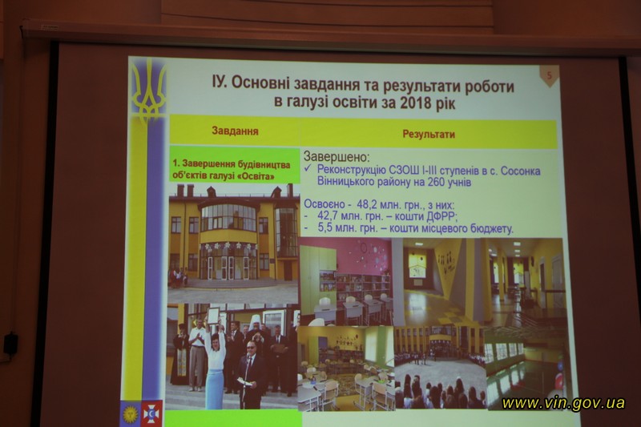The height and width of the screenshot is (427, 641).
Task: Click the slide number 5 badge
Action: click(550, 75)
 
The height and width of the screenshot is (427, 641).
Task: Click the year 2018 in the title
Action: click(415, 103)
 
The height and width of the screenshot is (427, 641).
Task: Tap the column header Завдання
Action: click(235, 131)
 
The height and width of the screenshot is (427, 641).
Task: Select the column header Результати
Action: click(429, 134)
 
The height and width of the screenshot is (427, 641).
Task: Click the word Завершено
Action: click(336, 156)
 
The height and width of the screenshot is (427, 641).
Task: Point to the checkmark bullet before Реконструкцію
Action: click(308, 169)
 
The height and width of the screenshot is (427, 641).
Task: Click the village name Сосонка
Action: click(520, 171)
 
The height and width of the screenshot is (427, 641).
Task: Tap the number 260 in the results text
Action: click(436, 182)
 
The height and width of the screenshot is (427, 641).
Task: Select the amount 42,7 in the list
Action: click(329, 216)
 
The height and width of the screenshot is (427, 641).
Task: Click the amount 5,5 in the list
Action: click(326, 228)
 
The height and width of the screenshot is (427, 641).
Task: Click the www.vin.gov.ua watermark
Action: click(563, 403)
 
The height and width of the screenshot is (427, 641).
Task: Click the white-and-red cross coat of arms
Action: click(152, 413)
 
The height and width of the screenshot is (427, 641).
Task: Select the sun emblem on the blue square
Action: click(131, 413)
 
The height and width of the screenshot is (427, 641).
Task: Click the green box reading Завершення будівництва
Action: click(235, 164)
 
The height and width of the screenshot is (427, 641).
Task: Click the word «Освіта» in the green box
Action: click(256, 177)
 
